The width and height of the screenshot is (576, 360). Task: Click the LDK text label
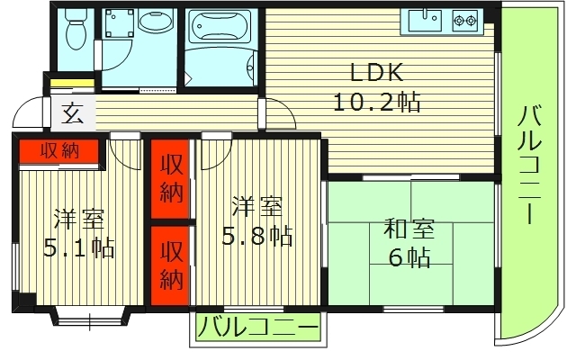(x=369, y=72)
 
